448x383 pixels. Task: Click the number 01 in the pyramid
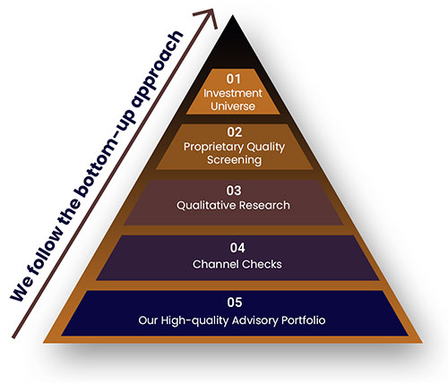[x=233, y=79]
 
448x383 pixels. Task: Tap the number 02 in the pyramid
[x=235, y=132]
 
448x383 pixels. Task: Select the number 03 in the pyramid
[x=234, y=191]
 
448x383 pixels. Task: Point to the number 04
[x=237, y=248]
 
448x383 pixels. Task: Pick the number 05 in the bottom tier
[x=235, y=302]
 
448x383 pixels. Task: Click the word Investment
[x=233, y=93]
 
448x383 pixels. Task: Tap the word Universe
[x=233, y=106]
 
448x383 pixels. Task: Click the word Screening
[x=235, y=160]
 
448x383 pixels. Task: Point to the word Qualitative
[x=206, y=205]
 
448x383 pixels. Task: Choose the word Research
[x=264, y=205]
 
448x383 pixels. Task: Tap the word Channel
[x=216, y=264]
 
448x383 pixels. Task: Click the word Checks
[x=262, y=264]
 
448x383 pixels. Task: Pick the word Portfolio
[x=304, y=320]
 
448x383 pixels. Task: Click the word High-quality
[x=195, y=320]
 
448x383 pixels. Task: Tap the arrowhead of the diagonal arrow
[x=209, y=16]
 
